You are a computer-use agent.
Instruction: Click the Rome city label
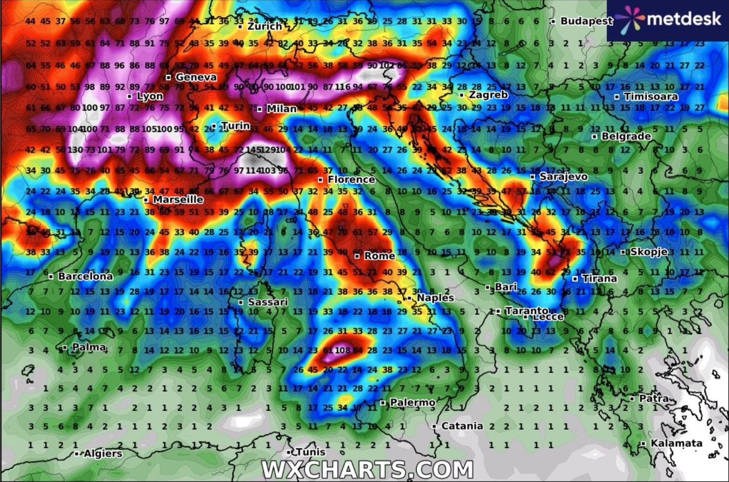[x=379, y=256]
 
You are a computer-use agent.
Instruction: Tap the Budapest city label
[x=587, y=21]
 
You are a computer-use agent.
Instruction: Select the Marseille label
[x=178, y=199]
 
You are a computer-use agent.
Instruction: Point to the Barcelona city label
[x=85, y=276]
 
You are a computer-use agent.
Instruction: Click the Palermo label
[x=412, y=402]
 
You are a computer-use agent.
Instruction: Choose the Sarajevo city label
[x=563, y=177]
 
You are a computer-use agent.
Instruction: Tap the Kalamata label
[x=676, y=443]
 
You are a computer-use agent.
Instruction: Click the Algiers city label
[x=103, y=454]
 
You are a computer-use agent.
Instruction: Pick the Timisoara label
[x=651, y=96]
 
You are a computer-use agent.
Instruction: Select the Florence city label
[x=351, y=179]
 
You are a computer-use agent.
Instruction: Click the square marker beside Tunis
[x=289, y=452]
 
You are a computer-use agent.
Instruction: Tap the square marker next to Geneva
[x=168, y=77]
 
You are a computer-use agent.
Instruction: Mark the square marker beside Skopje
[x=623, y=252]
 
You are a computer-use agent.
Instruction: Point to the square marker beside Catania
[x=434, y=426]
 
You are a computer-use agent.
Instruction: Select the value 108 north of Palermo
[x=342, y=350]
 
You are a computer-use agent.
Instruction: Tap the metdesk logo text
[x=683, y=19]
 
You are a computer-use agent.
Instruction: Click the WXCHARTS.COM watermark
[x=367, y=470]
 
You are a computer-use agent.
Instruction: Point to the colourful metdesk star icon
[x=629, y=20]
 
